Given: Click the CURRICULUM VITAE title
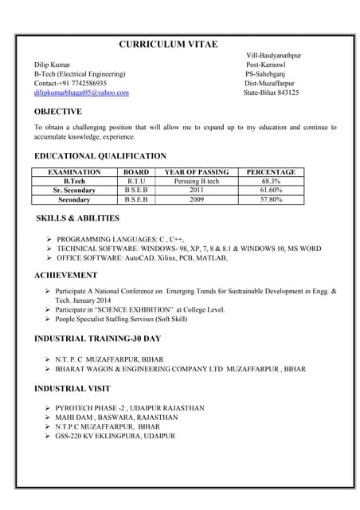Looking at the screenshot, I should [167, 44].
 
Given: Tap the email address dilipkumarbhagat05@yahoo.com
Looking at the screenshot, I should [81, 92].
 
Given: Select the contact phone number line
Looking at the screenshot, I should [70, 83].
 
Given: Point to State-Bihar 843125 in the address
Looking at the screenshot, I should [271, 92].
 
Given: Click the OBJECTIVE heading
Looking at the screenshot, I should [57, 112].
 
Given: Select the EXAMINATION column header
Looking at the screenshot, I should [75, 172].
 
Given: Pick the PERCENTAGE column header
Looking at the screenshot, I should [271, 172].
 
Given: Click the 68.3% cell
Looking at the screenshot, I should [271, 181].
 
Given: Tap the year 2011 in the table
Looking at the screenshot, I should [197, 190].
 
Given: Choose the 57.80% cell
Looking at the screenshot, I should [271, 199].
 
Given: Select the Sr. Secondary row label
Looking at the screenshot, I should [75, 190].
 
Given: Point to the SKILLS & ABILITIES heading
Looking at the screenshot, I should [78, 218].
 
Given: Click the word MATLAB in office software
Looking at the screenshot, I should [214, 258].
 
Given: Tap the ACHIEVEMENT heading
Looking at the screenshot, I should [65, 275].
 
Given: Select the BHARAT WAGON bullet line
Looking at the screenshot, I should [181, 369].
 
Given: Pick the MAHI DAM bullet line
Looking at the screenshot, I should [116, 417].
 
